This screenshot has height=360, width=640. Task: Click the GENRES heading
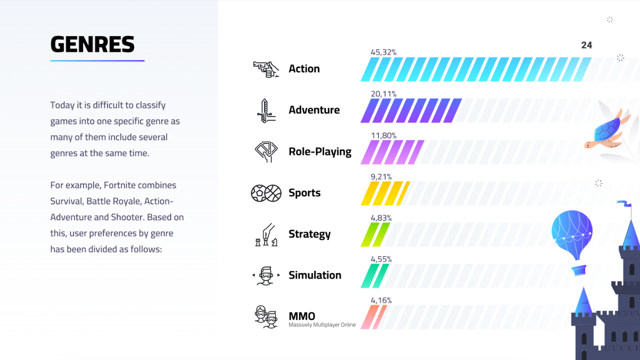[x=92, y=44]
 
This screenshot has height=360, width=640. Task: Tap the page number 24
[x=586, y=45]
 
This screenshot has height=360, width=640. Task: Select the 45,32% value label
[x=383, y=52]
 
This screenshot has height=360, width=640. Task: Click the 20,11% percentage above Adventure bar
[x=383, y=93]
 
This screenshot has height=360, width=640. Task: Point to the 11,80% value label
[x=383, y=135]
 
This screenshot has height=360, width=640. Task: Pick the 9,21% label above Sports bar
[x=381, y=177]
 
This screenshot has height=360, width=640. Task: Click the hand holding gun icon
[x=265, y=69]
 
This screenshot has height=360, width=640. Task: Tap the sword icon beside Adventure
[x=266, y=111]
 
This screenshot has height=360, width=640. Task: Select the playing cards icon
[x=266, y=151]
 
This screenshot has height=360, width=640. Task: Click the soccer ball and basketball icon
[x=266, y=193]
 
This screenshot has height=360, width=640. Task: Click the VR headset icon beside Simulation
[x=266, y=275]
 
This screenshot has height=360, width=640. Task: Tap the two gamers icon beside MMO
[x=266, y=317]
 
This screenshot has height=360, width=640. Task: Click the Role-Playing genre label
[x=320, y=151]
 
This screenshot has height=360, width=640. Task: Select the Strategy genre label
[x=309, y=234]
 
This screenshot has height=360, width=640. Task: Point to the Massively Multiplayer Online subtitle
[x=322, y=325]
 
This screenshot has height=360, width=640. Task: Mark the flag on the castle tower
[x=624, y=203]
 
